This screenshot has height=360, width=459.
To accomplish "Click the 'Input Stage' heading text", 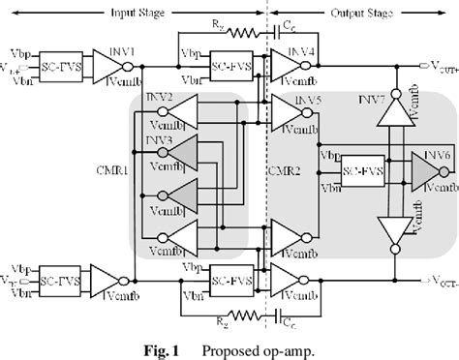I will coord(143,8).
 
